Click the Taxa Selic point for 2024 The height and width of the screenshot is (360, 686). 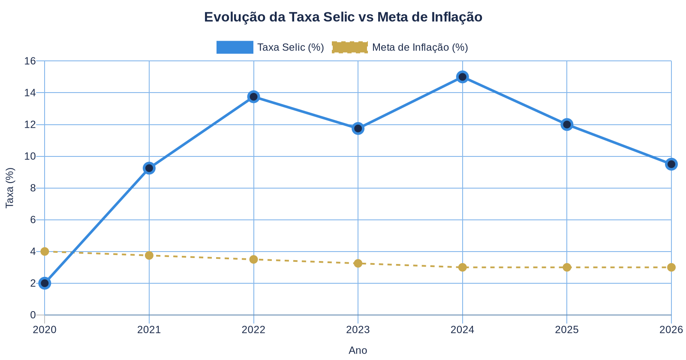[462, 77]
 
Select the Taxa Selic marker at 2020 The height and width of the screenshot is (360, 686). [45, 283]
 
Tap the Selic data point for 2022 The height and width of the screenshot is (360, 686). [253, 96]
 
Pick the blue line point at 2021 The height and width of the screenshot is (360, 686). [149, 168]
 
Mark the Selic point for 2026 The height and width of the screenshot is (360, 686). [671, 164]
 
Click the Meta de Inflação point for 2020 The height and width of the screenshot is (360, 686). [45, 252]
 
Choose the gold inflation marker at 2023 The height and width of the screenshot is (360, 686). [358, 263]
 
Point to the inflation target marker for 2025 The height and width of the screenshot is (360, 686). [567, 267]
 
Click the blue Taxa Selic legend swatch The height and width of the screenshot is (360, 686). [235, 47]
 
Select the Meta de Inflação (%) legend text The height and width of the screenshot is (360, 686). [420, 47]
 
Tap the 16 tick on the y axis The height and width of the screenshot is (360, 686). [30, 61]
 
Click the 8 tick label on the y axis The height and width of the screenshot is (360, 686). [33, 188]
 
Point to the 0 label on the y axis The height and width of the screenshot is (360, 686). [33, 315]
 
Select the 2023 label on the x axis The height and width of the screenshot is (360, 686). [358, 330]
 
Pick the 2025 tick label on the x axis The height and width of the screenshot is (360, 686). [567, 330]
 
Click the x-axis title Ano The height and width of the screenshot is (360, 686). [358, 350]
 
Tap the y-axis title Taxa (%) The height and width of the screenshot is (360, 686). [10, 188]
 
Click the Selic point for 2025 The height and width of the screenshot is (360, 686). [567, 125]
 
